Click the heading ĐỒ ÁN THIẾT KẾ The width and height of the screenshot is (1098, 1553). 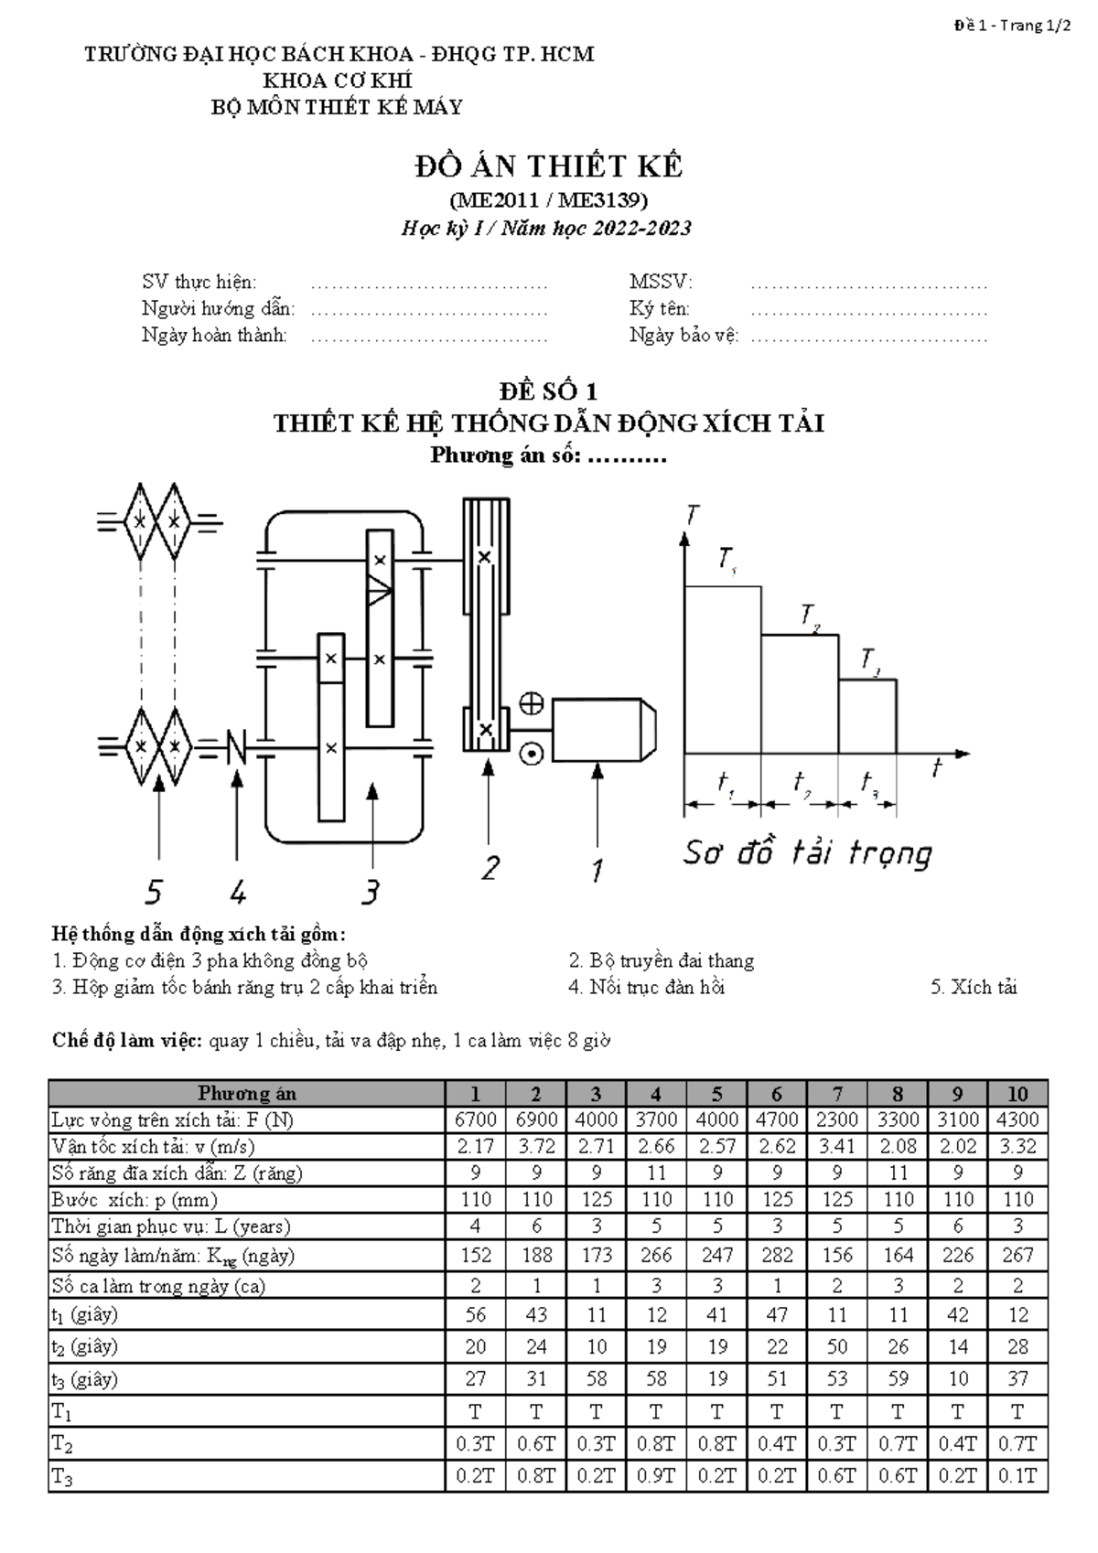click(549, 166)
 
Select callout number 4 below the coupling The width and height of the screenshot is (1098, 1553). click(238, 890)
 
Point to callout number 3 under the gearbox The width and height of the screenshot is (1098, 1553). click(370, 890)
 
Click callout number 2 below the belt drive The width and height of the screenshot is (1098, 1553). click(491, 867)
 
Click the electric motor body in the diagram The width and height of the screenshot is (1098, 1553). click(599, 729)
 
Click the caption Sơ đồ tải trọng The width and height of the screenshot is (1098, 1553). click(807, 853)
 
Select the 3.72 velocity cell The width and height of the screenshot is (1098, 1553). click(536, 1147)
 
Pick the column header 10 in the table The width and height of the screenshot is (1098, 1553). click(1017, 1094)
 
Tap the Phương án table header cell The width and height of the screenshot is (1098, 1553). click(247, 1094)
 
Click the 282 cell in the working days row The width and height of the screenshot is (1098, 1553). click(777, 1255)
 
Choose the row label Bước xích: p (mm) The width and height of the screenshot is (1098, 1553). click(135, 1200)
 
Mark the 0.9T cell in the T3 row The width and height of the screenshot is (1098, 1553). click(656, 1476)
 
